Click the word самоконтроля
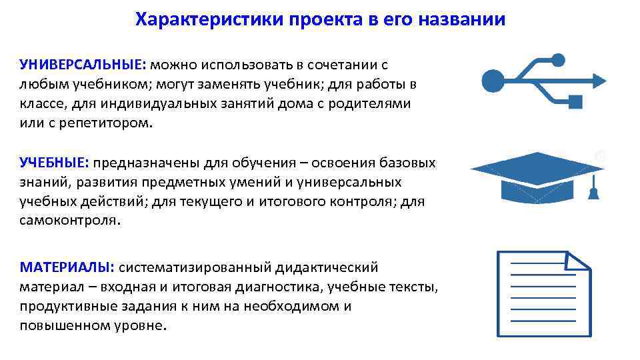70,221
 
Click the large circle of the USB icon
494,81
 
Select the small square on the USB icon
575,102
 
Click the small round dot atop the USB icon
559,60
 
